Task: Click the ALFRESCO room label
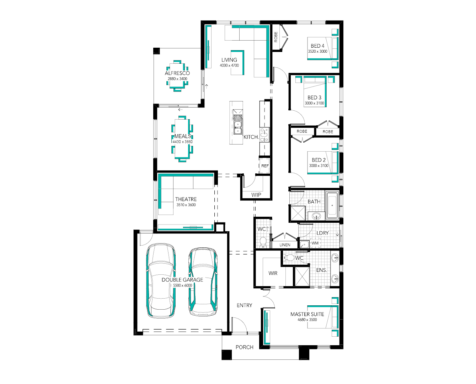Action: pos(177,73)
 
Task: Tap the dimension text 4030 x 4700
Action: pos(229,65)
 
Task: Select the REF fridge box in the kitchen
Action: pos(265,165)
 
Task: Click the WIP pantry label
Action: pos(256,195)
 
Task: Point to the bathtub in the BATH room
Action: pos(332,205)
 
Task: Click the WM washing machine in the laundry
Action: pos(315,243)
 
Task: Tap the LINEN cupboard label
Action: pos(285,245)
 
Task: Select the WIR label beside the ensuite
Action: pos(273,273)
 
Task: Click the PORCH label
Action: pos(245,347)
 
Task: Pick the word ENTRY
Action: pos(245,305)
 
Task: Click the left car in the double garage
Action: pos(161,281)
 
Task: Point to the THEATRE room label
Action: pos(186,199)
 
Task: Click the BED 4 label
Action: pos(317,46)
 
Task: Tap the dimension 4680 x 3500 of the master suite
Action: pos(307,320)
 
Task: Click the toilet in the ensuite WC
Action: pos(289,258)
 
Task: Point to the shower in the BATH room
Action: pos(298,213)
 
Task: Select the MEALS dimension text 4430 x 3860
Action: pos(182,142)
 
